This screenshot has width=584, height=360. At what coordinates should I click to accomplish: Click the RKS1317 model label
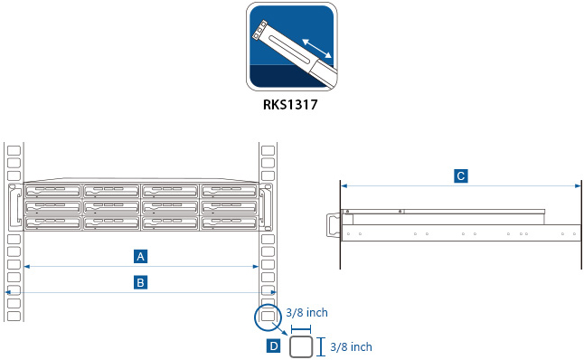tap(292, 104)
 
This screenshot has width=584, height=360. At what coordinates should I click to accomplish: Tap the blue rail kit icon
tap(292, 46)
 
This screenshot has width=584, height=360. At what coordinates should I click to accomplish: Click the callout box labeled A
tap(141, 255)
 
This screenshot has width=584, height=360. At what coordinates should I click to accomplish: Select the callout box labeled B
tap(141, 282)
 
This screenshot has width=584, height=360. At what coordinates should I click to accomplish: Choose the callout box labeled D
tap(273, 346)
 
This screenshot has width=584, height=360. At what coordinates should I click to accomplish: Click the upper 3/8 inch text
tap(306, 312)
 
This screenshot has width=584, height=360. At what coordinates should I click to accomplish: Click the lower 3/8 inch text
tap(351, 346)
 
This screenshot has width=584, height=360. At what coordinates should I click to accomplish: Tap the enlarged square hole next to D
tap(302, 346)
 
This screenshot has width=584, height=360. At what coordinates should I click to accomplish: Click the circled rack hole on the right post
tap(268, 317)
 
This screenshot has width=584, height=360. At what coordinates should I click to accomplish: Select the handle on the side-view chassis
tap(332, 223)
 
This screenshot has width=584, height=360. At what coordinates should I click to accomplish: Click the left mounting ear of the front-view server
tap(14, 207)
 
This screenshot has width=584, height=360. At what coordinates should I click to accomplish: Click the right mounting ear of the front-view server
tap(269, 207)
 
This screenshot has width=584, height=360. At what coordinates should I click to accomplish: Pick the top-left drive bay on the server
tap(53, 193)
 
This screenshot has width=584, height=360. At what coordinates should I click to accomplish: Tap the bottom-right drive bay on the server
tap(230, 222)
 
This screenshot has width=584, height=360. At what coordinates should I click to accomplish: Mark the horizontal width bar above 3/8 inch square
tap(302, 329)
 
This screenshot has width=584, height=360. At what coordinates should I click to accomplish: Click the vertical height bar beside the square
tap(323, 346)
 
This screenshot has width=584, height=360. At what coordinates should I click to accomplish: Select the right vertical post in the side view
tap(579, 223)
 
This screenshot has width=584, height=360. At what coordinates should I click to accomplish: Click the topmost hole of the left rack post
tap(14, 149)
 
